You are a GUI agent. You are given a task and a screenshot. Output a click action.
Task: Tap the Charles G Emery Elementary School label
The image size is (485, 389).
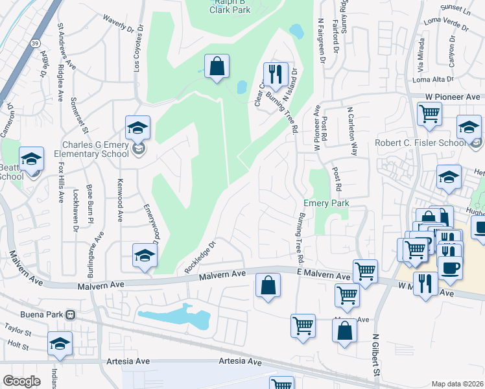(x=97, y=150)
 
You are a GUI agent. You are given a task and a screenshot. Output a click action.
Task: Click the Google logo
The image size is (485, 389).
(x=21, y=381)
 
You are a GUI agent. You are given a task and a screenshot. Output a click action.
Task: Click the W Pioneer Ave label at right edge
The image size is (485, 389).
(x=454, y=97)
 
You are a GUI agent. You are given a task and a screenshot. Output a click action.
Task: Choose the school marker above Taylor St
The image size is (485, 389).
(x=60, y=343)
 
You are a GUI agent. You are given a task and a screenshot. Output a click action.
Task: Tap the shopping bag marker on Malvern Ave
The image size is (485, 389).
(x=268, y=285)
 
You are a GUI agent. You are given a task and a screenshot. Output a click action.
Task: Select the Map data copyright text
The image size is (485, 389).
(x=457, y=384)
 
